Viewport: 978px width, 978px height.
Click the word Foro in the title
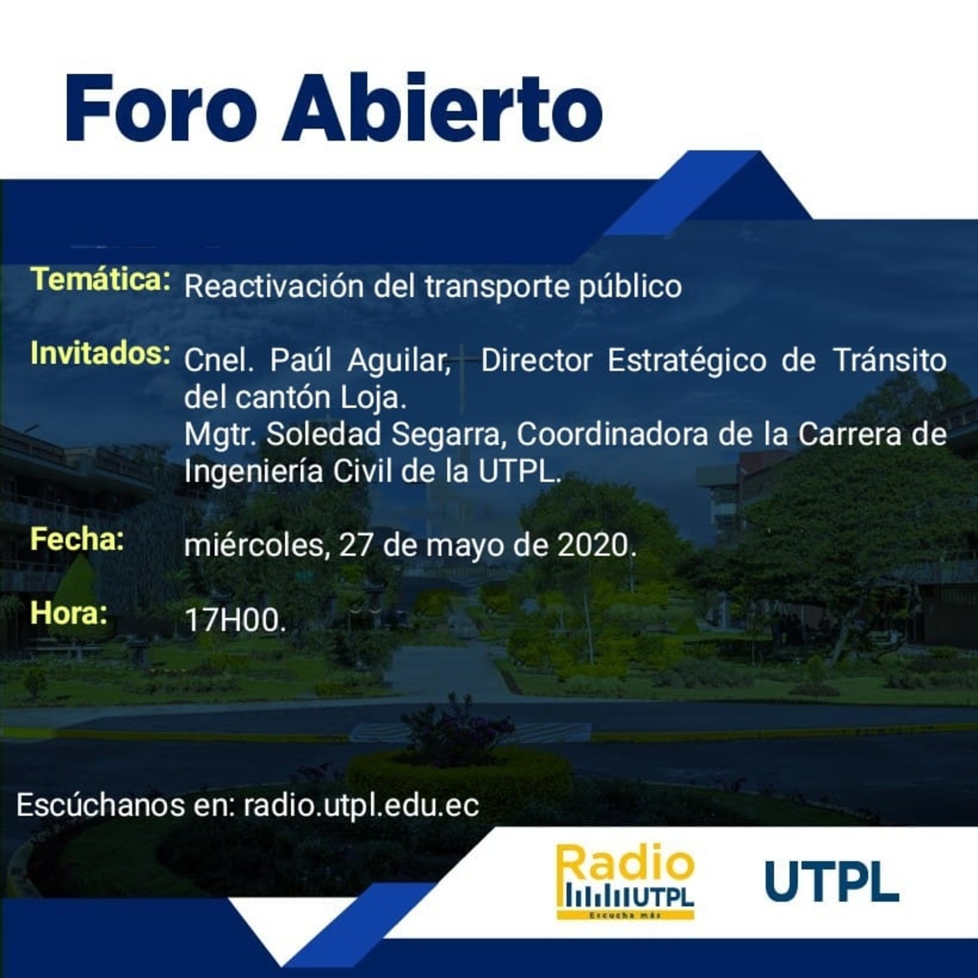pyautogui.click(x=161, y=108)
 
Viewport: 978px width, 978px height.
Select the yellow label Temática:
pyautogui.click(x=101, y=279)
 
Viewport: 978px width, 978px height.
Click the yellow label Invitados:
pyautogui.click(x=101, y=353)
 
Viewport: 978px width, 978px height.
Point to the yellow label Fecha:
pyautogui.click(x=77, y=539)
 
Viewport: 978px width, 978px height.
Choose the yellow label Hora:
pyautogui.click(x=70, y=613)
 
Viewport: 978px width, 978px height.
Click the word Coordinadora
pyautogui.click(x=611, y=435)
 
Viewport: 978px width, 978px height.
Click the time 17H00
pyautogui.click(x=235, y=620)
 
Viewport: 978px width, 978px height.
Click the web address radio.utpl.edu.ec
pyautogui.click(x=361, y=805)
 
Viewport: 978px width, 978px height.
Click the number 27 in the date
pyautogui.click(x=356, y=546)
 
